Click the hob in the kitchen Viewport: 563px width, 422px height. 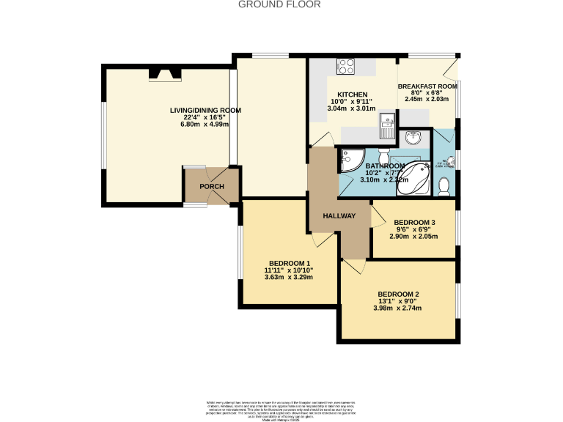tap(347, 67)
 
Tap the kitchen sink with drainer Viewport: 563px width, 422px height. tap(387, 125)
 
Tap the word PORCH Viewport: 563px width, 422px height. tap(212, 187)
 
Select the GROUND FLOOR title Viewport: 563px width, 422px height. tap(279, 4)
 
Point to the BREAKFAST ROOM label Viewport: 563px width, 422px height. tap(427, 86)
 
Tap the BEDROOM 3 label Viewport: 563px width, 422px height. tap(414, 223)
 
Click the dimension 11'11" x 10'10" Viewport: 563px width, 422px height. tap(289, 270)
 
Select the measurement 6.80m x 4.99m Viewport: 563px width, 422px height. tap(205, 125)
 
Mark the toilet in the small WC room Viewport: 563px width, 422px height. tap(443, 188)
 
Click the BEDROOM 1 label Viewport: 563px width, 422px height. tap(289, 263)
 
